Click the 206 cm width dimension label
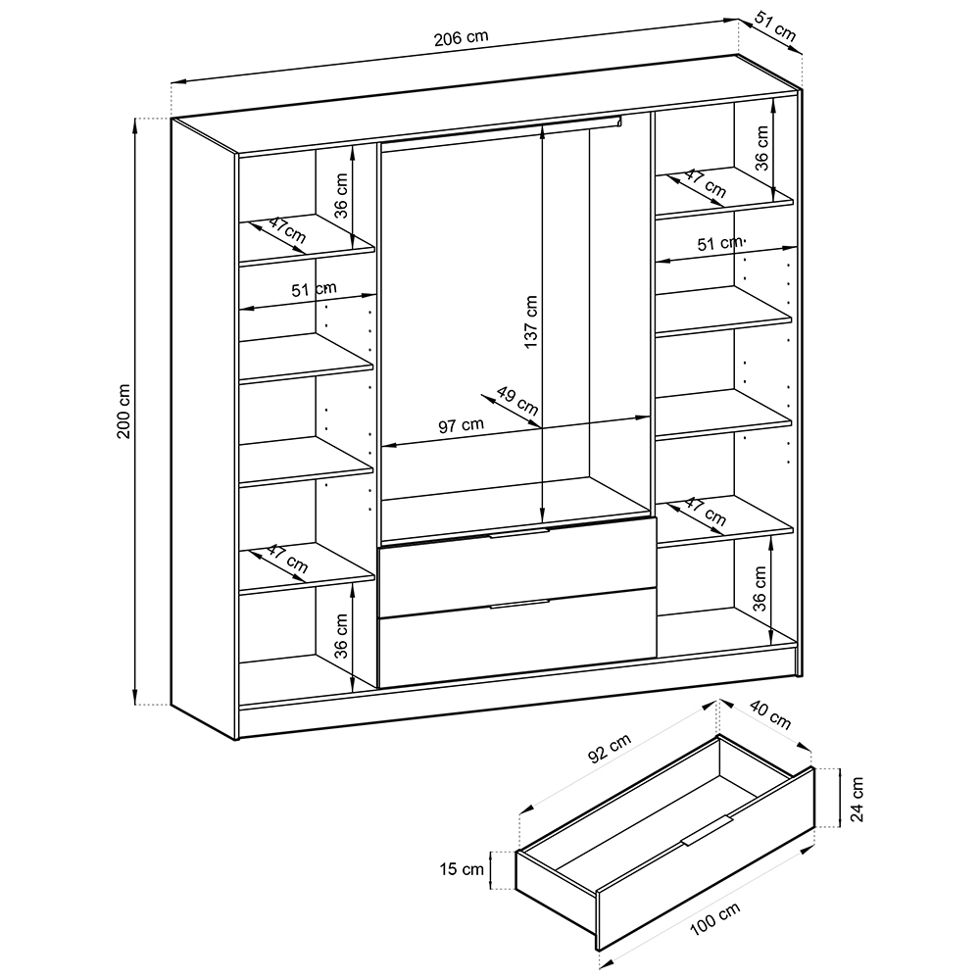(x=461, y=38)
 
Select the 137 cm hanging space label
(x=530, y=321)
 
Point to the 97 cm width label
(x=462, y=425)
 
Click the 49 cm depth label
(x=517, y=401)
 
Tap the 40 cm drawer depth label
(x=770, y=715)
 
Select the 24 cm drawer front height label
(x=857, y=800)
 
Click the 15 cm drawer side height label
(x=462, y=868)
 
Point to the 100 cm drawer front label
(x=715, y=919)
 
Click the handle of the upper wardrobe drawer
(x=518, y=532)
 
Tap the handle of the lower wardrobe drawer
(x=518, y=603)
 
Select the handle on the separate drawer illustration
(x=707, y=831)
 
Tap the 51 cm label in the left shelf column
(x=314, y=289)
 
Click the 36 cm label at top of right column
(x=761, y=148)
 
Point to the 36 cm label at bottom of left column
(x=341, y=636)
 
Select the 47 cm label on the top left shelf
(x=287, y=230)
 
